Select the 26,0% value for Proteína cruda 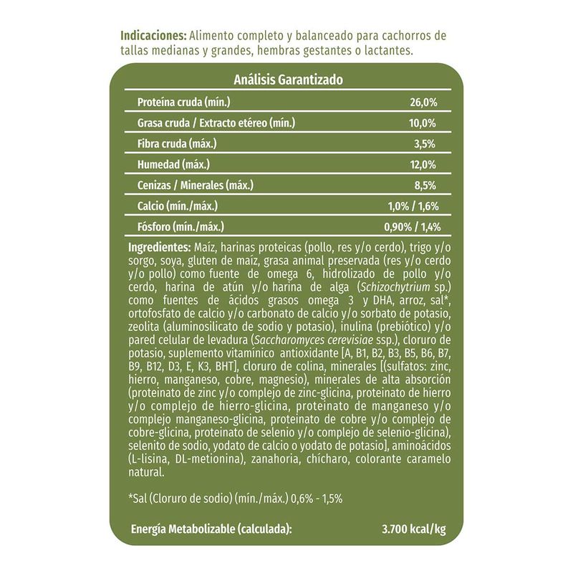coord(423,102)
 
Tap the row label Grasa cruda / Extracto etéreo coord(216,123)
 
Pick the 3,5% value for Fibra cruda coord(425,144)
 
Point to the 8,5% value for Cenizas coord(425,186)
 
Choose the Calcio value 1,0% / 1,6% coord(413,207)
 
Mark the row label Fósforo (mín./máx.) coord(180,228)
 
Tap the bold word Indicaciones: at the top coord(154,37)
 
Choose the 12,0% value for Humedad coord(423,165)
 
